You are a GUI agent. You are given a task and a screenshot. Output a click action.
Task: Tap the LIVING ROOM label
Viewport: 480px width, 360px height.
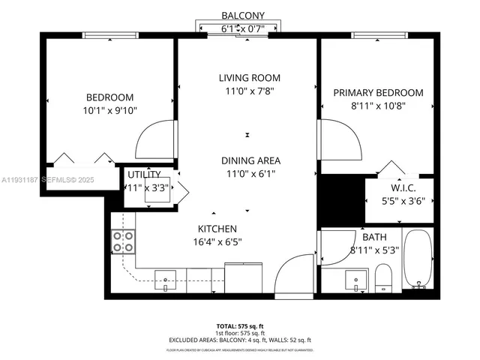point(249,78)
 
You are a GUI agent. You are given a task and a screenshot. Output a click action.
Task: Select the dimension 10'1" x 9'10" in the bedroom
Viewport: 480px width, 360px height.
point(109,110)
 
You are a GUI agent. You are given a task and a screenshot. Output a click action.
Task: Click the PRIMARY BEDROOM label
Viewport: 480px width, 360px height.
point(378,93)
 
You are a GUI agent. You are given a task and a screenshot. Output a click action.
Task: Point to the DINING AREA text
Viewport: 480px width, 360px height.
point(250,160)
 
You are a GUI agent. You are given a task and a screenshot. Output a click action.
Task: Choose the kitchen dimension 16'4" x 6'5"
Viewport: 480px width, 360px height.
point(217,241)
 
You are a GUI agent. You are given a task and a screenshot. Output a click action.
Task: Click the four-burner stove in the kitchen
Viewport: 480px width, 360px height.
point(123,241)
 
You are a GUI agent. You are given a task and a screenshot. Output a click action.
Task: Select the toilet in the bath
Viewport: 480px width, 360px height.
point(383,277)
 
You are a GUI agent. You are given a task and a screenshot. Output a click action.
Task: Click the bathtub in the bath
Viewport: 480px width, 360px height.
point(418,261)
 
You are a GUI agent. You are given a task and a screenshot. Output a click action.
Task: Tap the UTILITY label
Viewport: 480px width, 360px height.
point(143,175)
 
